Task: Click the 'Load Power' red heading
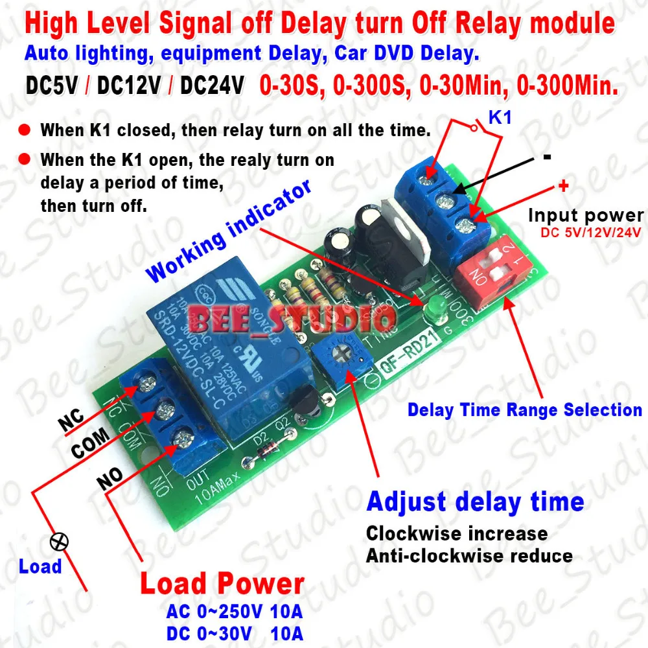pos(222,584)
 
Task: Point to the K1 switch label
pos(499,118)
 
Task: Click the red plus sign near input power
pos(562,186)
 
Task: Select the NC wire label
pos(73,421)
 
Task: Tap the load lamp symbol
pos(64,542)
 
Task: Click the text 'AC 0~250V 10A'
pos(235,612)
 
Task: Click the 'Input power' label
pos(586,215)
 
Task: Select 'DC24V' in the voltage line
pos(213,86)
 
